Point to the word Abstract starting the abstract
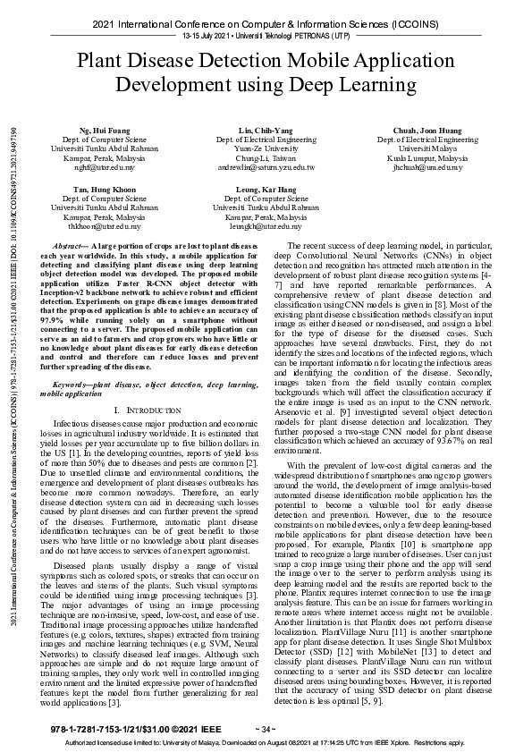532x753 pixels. pos(71,244)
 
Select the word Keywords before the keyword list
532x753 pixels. pos(72,383)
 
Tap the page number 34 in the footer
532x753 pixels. pos(266,730)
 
